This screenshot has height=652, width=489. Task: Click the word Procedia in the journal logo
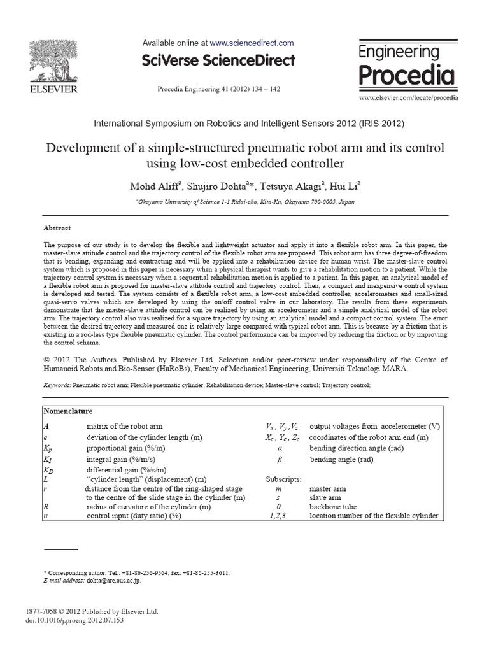(407, 75)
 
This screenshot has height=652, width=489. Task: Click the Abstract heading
(57, 228)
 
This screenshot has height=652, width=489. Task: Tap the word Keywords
(57, 385)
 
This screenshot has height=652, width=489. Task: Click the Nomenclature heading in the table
(69, 412)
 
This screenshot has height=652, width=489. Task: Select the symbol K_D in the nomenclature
(48, 469)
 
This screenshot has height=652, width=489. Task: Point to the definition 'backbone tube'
(336, 507)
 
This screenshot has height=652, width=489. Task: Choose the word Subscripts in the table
(283, 479)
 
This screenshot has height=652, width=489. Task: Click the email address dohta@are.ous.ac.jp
(114, 581)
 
